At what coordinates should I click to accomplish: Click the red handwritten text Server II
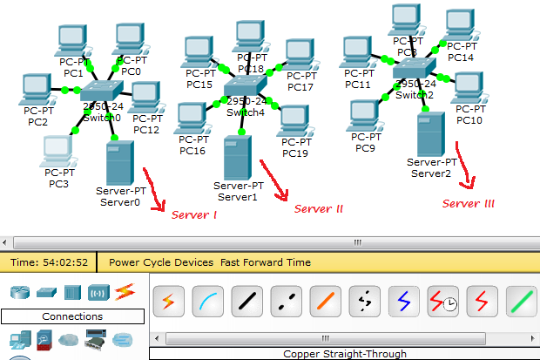(318, 209)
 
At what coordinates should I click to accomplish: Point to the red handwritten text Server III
(468, 204)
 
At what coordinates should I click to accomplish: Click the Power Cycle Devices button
(160, 262)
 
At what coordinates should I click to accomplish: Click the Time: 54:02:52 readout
(50, 262)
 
